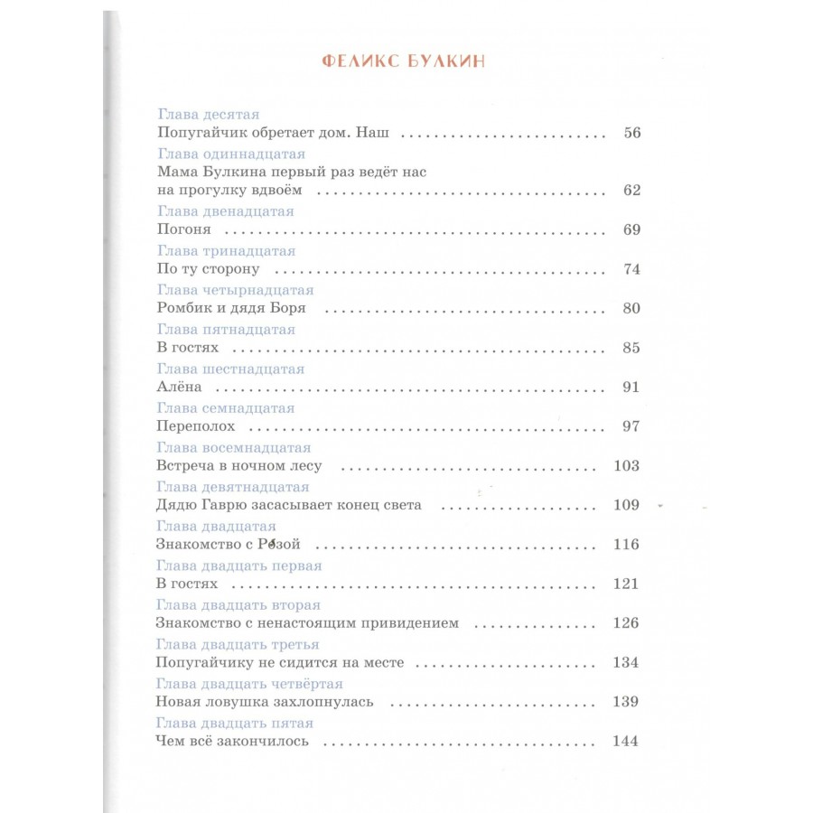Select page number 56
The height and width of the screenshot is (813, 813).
point(631,133)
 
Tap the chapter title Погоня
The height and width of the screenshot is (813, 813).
point(177,229)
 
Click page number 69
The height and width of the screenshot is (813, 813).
point(631,229)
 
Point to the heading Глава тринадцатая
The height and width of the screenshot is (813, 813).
point(226,250)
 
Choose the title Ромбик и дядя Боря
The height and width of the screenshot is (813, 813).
point(231,308)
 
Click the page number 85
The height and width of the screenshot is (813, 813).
point(631,348)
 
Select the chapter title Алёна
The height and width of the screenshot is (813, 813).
point(177,387)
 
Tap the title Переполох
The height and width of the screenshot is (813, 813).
point(195,426)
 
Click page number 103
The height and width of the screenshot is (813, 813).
point(625,466)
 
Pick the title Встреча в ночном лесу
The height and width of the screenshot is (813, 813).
point(238,466)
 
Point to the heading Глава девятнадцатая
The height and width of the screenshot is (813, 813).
point(233,487)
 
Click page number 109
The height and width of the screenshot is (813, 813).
point(625,505)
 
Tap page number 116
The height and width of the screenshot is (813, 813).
point(625,545)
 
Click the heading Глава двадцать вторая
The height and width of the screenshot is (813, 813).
point(238,605)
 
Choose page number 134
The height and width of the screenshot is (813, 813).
point(625,663)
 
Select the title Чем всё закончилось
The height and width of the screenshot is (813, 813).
point(232,742)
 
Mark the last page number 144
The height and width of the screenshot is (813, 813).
point(625,742)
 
